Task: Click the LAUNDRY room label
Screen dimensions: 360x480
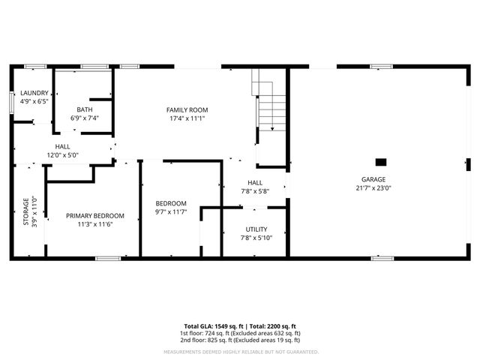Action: tap(34, 93)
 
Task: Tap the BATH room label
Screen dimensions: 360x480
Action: tap(84, 109)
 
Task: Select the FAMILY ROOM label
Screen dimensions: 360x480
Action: tap(187, 109)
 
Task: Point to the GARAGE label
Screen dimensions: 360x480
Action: tap(373, 179)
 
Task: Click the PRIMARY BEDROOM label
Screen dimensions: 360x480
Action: tap(94, 215)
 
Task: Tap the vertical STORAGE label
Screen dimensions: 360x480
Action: tap(25, 212)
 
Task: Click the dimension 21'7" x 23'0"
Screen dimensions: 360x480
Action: tap(373, 187)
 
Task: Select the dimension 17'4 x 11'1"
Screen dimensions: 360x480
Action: tap(187, 118)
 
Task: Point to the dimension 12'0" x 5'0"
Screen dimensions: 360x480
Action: tap(63, 155)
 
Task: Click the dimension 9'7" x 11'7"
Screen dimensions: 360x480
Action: tap(171, 212)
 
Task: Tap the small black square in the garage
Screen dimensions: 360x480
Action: tap(381, 161)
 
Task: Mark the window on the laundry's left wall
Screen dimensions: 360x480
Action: tap(12, 101)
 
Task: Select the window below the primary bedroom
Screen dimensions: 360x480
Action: tap(107, 259)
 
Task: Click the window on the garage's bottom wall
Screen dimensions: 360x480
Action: tap(382, 259)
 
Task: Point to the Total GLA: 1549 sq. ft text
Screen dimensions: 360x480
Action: tap(211, 326)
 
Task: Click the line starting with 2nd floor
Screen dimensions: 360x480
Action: tap(240, 340)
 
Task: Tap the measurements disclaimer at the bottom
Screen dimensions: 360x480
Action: tap(240, 351)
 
